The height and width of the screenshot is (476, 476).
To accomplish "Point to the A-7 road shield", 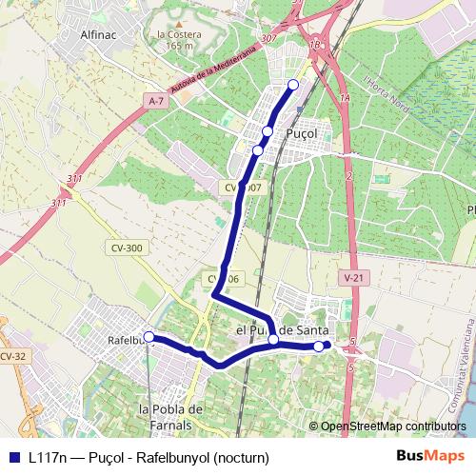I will (157, 99).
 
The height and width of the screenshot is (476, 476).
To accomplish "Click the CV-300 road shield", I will (127, 248).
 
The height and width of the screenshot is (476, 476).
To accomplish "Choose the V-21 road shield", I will (353, 277).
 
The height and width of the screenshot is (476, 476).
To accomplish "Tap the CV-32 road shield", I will (10, 355).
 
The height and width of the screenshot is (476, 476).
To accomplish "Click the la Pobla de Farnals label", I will (172, 416).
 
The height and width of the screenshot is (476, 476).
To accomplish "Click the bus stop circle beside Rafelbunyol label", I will (149, 336).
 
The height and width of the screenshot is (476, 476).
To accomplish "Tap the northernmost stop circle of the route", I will (292, 86).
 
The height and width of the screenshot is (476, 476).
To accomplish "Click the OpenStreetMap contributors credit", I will (392, 427).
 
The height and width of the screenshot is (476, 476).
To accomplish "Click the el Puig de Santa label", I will (282, 329).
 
